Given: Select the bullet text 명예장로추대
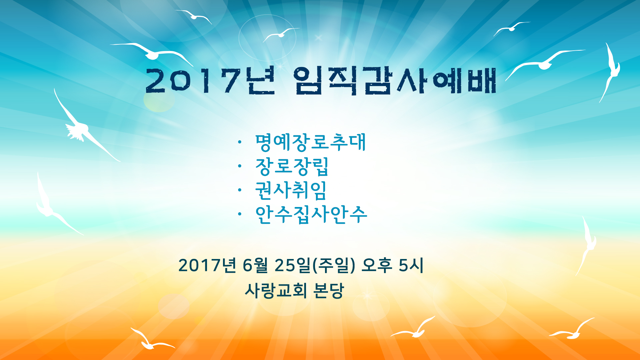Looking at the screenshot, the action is point(311,142).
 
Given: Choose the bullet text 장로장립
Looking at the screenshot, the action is point(292,166).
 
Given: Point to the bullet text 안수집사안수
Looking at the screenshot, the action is point(311,214).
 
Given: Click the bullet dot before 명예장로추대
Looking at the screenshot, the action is point(239,142).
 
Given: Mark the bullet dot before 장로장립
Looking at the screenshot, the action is point(239,166).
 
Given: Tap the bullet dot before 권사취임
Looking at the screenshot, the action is point(239,190).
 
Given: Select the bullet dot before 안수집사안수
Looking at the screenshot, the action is point(239,214).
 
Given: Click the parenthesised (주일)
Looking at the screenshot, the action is point(333,265).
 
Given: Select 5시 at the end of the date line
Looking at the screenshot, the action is point(411,265).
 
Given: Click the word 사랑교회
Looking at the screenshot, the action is point(276,290).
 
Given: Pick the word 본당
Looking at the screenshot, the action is point(329,290).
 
